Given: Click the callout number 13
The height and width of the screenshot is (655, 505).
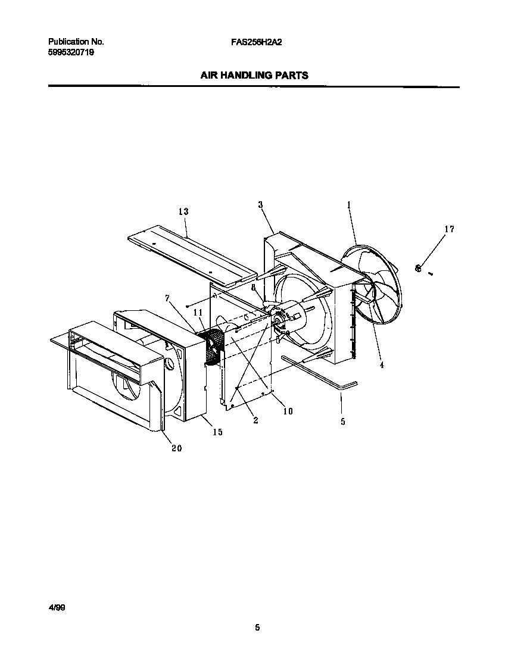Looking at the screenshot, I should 183,211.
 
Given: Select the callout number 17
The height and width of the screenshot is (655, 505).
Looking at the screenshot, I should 449,229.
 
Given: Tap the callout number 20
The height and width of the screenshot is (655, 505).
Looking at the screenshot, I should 176,448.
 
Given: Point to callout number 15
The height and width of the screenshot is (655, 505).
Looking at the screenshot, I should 217,432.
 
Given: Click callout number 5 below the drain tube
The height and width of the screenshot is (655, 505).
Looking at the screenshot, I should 342,422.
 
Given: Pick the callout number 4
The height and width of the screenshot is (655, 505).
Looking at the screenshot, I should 382,365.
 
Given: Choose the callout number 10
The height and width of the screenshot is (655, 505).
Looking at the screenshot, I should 288,411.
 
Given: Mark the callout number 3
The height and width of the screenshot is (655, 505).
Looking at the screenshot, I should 261,205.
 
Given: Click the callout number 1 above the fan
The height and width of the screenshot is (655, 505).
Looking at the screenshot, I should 348,205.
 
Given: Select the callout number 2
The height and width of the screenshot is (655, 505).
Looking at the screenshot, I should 255,420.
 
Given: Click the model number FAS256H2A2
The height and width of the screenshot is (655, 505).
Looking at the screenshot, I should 256,42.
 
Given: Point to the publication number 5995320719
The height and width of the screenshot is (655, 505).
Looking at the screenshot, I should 70,52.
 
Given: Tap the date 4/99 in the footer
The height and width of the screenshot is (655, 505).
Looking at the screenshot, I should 57,607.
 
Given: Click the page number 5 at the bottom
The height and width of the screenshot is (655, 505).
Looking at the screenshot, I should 257,627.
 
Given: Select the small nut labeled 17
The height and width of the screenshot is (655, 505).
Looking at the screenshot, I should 419,269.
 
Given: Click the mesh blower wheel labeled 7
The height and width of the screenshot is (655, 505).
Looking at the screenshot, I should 211,347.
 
